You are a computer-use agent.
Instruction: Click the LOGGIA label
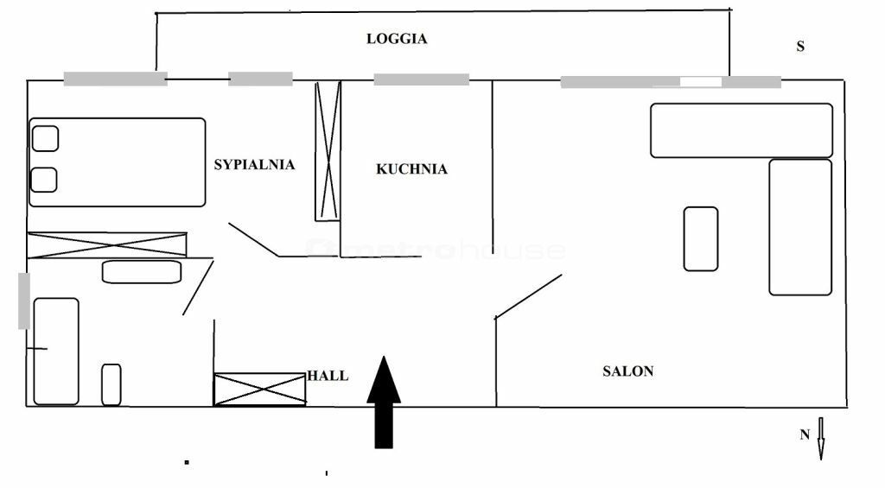pyautogui.click(x=397, y=39)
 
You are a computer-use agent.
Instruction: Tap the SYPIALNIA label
pyautogui.click(x=254, y=165)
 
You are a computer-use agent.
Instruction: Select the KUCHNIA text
pyautogui.click(x=411, y=168)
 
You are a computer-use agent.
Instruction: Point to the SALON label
pyautogui.click(x=627, y=371)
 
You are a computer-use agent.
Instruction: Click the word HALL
pyautogui.click(x=328, y=376)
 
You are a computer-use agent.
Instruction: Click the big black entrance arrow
pyautogui.click(x=384, y=402)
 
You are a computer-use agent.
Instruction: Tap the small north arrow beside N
pyautogui.click(x=821, y=439)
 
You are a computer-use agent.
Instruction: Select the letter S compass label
pyautogui.click(x=800, y=47)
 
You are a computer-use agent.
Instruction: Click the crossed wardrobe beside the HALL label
pyautogui.click(x=259, y=390)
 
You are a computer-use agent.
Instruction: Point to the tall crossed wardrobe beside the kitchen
pyautogui.click(x=328, y=151)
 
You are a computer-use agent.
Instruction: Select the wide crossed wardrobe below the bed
pyautogui.click(x=107, y=244)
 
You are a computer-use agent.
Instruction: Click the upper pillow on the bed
pyautogui.click(x=45, y=139)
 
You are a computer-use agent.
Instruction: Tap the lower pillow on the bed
pyautogui.click(x=43, y=180)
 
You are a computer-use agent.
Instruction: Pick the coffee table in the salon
pyautogui.click(x=701, y=239)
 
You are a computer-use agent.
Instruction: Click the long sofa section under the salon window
pyautogui.click(x=742, y=130)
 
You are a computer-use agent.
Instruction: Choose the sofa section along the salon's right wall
pyautogui.click(x=800, y=227)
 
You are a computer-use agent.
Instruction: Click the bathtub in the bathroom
pyautogui.click(x=56, y=352)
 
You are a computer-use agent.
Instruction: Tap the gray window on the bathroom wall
pyautogui.click(x=23, y=301)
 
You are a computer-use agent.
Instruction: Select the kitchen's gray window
pyautogui.click(x=422, y=79)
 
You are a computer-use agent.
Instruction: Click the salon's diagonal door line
pyautogui.click(x=528, y=297)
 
